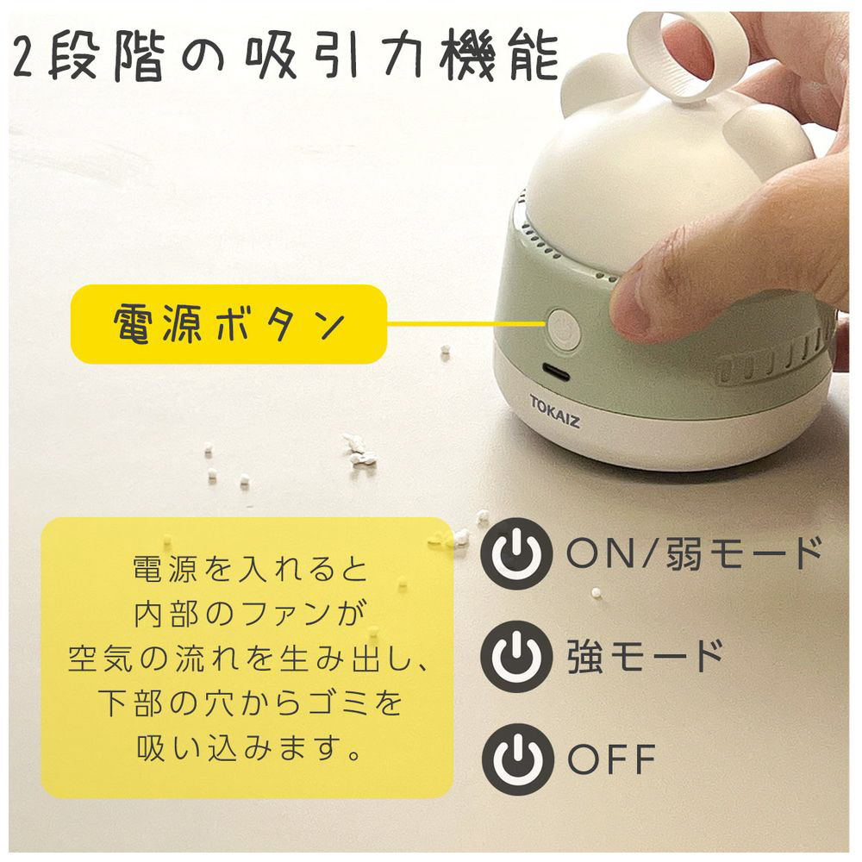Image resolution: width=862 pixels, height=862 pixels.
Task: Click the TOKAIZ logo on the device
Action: [554, 411]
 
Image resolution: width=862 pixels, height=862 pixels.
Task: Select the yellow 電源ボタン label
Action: [228, 324]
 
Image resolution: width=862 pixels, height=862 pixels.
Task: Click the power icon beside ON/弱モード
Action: [515, 553]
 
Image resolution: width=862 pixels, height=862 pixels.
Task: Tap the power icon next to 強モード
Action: [515, 656]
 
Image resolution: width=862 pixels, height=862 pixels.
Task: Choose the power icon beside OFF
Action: [516, 759]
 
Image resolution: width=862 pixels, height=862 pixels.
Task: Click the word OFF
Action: [611, 759]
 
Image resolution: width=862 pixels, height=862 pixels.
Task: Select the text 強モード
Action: [646, 656]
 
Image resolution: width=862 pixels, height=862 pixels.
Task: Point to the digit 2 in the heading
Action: [23, 57]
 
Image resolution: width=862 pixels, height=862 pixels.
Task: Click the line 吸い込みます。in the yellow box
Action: [249, 747]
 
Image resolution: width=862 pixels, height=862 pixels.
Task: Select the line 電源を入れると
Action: [250, 568]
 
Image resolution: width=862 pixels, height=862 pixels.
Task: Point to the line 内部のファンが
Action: [250, 613]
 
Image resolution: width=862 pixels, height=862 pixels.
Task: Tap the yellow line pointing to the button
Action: [466, 324]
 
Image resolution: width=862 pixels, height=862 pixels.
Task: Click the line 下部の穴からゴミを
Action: [250, 703]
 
